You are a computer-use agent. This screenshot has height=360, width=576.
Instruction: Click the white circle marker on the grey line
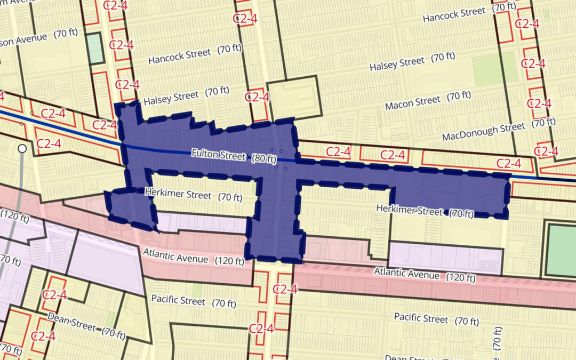[x=22, y=148]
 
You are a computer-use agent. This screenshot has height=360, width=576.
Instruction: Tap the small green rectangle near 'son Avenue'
[x=95, y=48]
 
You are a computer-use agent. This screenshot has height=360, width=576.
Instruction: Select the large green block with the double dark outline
[x=561, y=250]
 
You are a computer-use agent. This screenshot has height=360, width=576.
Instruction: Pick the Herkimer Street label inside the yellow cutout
[x=179, y=194]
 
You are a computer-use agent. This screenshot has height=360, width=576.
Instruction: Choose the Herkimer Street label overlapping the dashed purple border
[x=409, y=210]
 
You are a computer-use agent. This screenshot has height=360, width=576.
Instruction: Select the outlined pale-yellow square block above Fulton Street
[x=294, y=97]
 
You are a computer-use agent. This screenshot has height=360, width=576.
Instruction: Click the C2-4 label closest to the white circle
[x=49, y=143]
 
